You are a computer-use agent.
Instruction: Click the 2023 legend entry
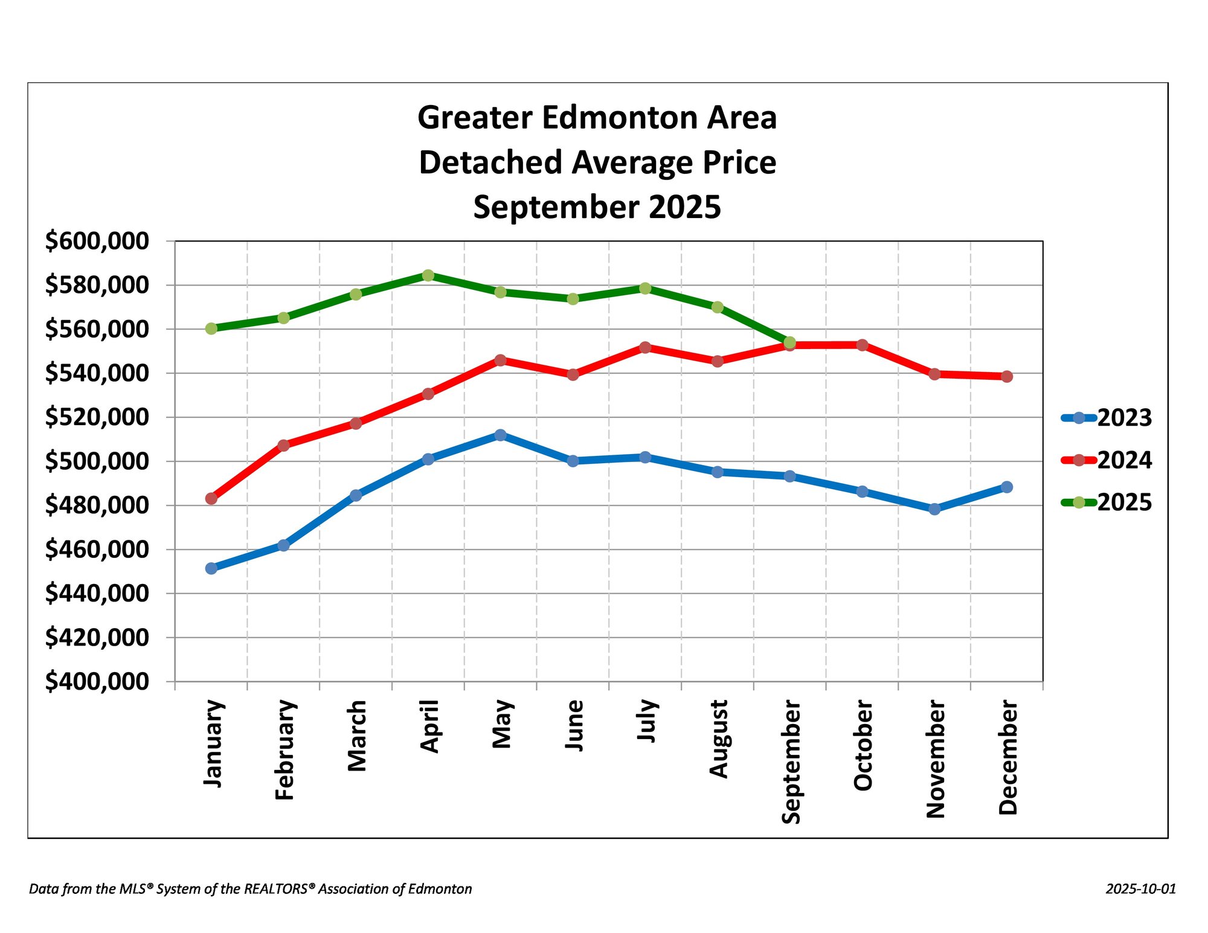pyautogui.click(x=1107, y=418)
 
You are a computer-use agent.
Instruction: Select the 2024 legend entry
pyautogui.click(x=1107, y=460)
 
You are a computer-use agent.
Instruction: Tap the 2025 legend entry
pyautogui.click(x=1107, y=502)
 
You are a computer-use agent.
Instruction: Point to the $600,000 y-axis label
pyautogui.click(x=97, y=241)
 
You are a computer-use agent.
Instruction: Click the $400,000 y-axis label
pyautogui.click(x=97, y=681)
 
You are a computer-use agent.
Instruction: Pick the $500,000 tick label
pyautogui.click(x=97, y=461)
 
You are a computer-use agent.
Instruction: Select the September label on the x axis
pyautogui.click(x=791, y=761)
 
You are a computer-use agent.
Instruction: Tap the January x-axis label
pyautogui.click(x=213, y=743)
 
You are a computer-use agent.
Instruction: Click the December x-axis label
pyautogui.click(x=1007, y=757)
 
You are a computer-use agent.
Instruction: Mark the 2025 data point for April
pyautogui.click(x=428, y=275)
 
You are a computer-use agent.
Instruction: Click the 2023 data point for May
pyautogui.click(x=500, y=435)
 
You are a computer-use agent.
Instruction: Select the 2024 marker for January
pyautogui.click(x=211, y=498)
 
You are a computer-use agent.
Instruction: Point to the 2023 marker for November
pyautogui.click(x=934, y=509)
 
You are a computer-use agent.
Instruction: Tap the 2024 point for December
pyautogui.click(x=1007, y=376)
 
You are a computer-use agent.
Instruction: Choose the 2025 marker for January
pyautogui.click(x=211, y=329)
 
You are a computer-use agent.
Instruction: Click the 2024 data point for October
pyautogui.click(x=863, y=345)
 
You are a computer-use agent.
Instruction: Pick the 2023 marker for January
pyautogui.click(x=211, y=568)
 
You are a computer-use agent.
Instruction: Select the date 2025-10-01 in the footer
pyautogui.click(x=1140, y=889)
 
